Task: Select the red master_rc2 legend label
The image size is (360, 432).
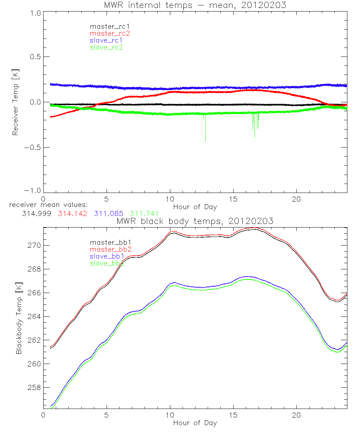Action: point(110,33)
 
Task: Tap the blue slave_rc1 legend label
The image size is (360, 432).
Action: point(107,40)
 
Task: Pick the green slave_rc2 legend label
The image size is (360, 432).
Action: point(107,47)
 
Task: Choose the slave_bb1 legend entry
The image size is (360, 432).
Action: point(107,256)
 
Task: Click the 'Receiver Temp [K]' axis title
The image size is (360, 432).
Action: point(15,102)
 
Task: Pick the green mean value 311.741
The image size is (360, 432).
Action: point(144,213)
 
